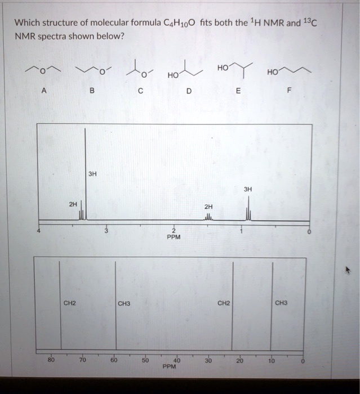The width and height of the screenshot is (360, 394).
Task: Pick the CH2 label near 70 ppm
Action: coord(70,303)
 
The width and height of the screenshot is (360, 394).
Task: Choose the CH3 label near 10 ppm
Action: coord(282,303)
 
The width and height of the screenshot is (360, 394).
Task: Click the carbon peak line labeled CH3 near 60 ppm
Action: coord(116,315)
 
